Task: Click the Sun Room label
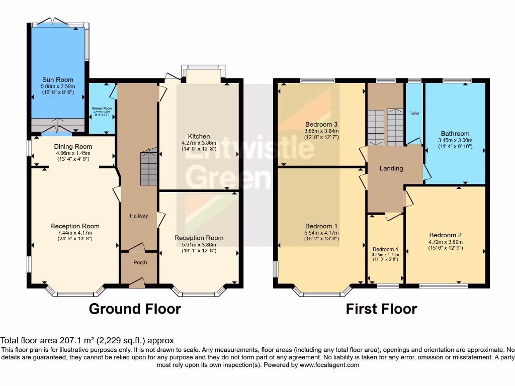58,79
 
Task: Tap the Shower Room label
101,109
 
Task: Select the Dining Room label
73,147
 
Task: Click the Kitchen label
199,136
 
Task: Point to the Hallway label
139,216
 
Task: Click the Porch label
139,262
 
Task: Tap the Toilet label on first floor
414,114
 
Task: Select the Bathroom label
454,134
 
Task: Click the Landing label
391,168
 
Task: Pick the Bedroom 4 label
385,249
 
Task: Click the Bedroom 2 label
445,235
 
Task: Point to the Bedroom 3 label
321,124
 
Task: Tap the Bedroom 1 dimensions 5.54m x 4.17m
322,233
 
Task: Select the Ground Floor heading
135,309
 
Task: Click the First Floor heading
381,309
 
